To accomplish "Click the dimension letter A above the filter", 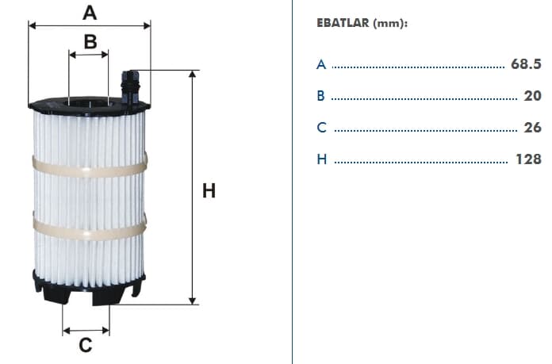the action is click(x=90, y=13).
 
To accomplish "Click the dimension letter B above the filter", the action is click(x=90, y=41).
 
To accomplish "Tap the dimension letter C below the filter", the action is click(x=86, y=345).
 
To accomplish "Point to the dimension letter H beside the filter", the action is click(x=209, y=191).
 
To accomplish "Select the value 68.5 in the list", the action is click(x=526, y=64).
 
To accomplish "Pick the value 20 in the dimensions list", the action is click(x=532, y=96).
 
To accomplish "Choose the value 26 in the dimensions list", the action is click(x=532, y=128).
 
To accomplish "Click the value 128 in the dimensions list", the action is click(x=528, y=159).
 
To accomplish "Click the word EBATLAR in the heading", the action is click(x=343, y=23).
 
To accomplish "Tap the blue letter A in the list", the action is click(x=321, y=64).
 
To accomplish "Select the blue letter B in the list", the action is click(x=320, y=96).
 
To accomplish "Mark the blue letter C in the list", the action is click(x=321, y=128).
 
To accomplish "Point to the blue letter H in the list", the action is click(x=322, y=159).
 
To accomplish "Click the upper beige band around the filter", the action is click(x=90, y=168).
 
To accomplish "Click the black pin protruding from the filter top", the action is click(x=130, y=88).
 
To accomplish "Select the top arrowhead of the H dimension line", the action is click(x=192, y=74).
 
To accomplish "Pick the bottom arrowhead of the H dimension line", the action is click(x=192, y=301).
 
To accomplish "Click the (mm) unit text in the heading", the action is click(x=390, y=23).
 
